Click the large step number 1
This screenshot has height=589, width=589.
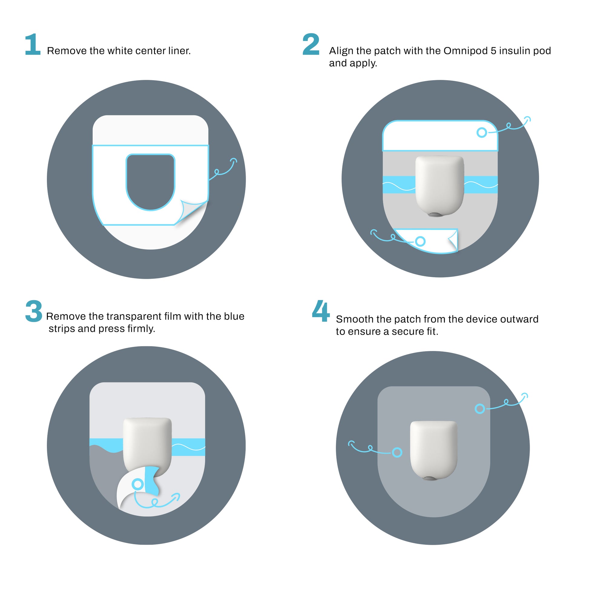(33, 44)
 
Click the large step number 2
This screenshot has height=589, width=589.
(311, 44)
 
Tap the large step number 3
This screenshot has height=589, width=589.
(34, 311)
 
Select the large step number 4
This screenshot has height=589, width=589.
(321, 311)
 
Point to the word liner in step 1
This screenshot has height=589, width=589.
(179, 51)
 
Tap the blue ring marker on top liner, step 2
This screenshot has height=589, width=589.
(482, 132)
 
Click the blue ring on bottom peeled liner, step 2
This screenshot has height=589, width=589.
(420, 241)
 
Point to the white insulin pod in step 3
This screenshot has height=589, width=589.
(147, 442)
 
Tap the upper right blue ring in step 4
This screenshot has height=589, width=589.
(480, 409)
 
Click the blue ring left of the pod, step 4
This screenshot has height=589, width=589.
(397, 452)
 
